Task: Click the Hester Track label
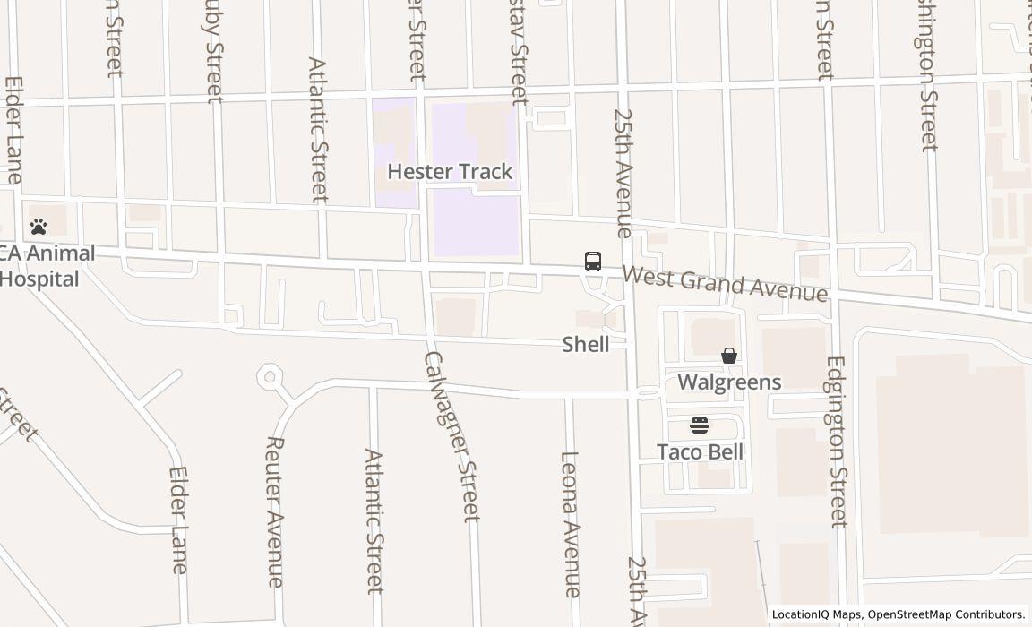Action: [x=450, y=171]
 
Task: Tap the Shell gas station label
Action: [x=586, y=344]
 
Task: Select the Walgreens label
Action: [x=729, y=382]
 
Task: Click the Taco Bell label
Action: [x=700, y=451]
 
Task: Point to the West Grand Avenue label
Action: [x=725, y=284]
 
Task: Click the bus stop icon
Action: [x=593, y=262]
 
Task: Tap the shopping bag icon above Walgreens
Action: [x=729, y=356]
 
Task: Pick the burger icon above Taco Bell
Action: [x=700, y=425]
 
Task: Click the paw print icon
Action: [x=39, y=227]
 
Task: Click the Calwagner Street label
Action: [x=450, y=435]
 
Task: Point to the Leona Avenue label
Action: [x=571, y=524]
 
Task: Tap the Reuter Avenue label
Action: [x=276, y=511]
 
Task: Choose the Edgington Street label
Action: [x=838, y=442]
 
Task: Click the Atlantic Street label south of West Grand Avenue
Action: [x=374, y=520]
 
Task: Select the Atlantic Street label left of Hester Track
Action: [x=318, y=131]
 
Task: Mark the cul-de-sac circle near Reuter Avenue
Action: [x=270, y=377]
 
